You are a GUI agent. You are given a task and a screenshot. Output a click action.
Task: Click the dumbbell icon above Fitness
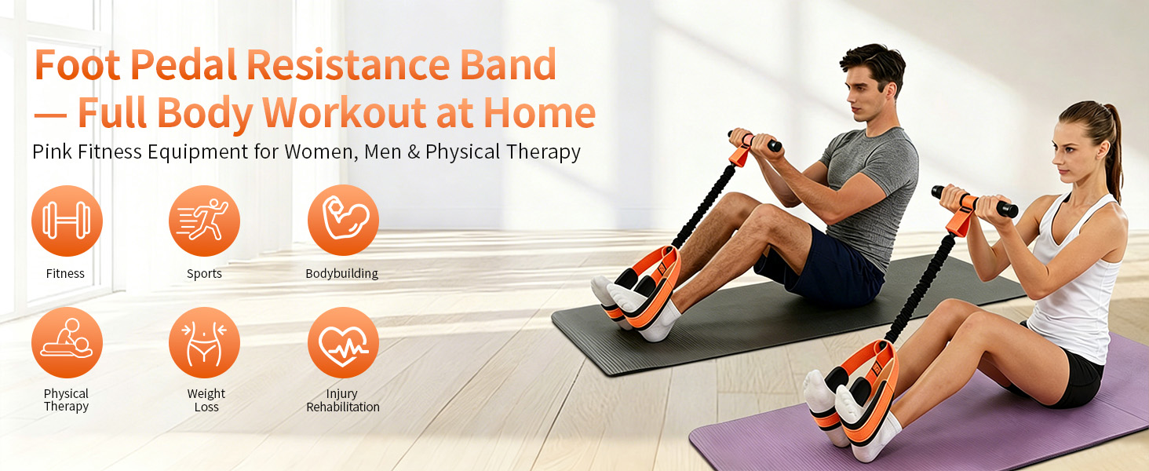pyautogui.click(x=67, y=221)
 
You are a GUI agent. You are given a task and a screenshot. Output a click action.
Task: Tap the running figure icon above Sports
pyautogui.click(x=204, y=221)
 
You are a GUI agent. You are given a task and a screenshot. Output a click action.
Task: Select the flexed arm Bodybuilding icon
pyautogui.click(x=343, y=220)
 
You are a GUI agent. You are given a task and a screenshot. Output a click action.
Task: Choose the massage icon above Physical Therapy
pyautogui.click(x=67, y=343)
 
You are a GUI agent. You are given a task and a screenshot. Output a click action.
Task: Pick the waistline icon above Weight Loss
pyautogui.click(x=204, y=343)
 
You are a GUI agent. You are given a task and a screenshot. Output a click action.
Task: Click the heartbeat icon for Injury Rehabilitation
pyautogui.click(x=343, y=343)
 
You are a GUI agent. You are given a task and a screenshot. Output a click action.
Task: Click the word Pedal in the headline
pyautogui.click(x=183, y=64)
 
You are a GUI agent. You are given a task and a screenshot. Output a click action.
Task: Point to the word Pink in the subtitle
pyautogui.click(x=53, y=152)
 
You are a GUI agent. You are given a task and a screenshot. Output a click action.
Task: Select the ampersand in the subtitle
pyautogui.click(x=414, y=152)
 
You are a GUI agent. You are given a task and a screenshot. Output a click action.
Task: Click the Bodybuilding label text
pyautogui.click(x=341, y=273)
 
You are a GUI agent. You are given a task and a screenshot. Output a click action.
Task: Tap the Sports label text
pyautogui.click(x=204, y=273)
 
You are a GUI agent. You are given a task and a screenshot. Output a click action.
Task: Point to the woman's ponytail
pyautogui.click(x=1113, y=149)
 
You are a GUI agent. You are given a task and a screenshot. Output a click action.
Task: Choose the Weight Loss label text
pyautogui.click(x=206, y=400)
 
